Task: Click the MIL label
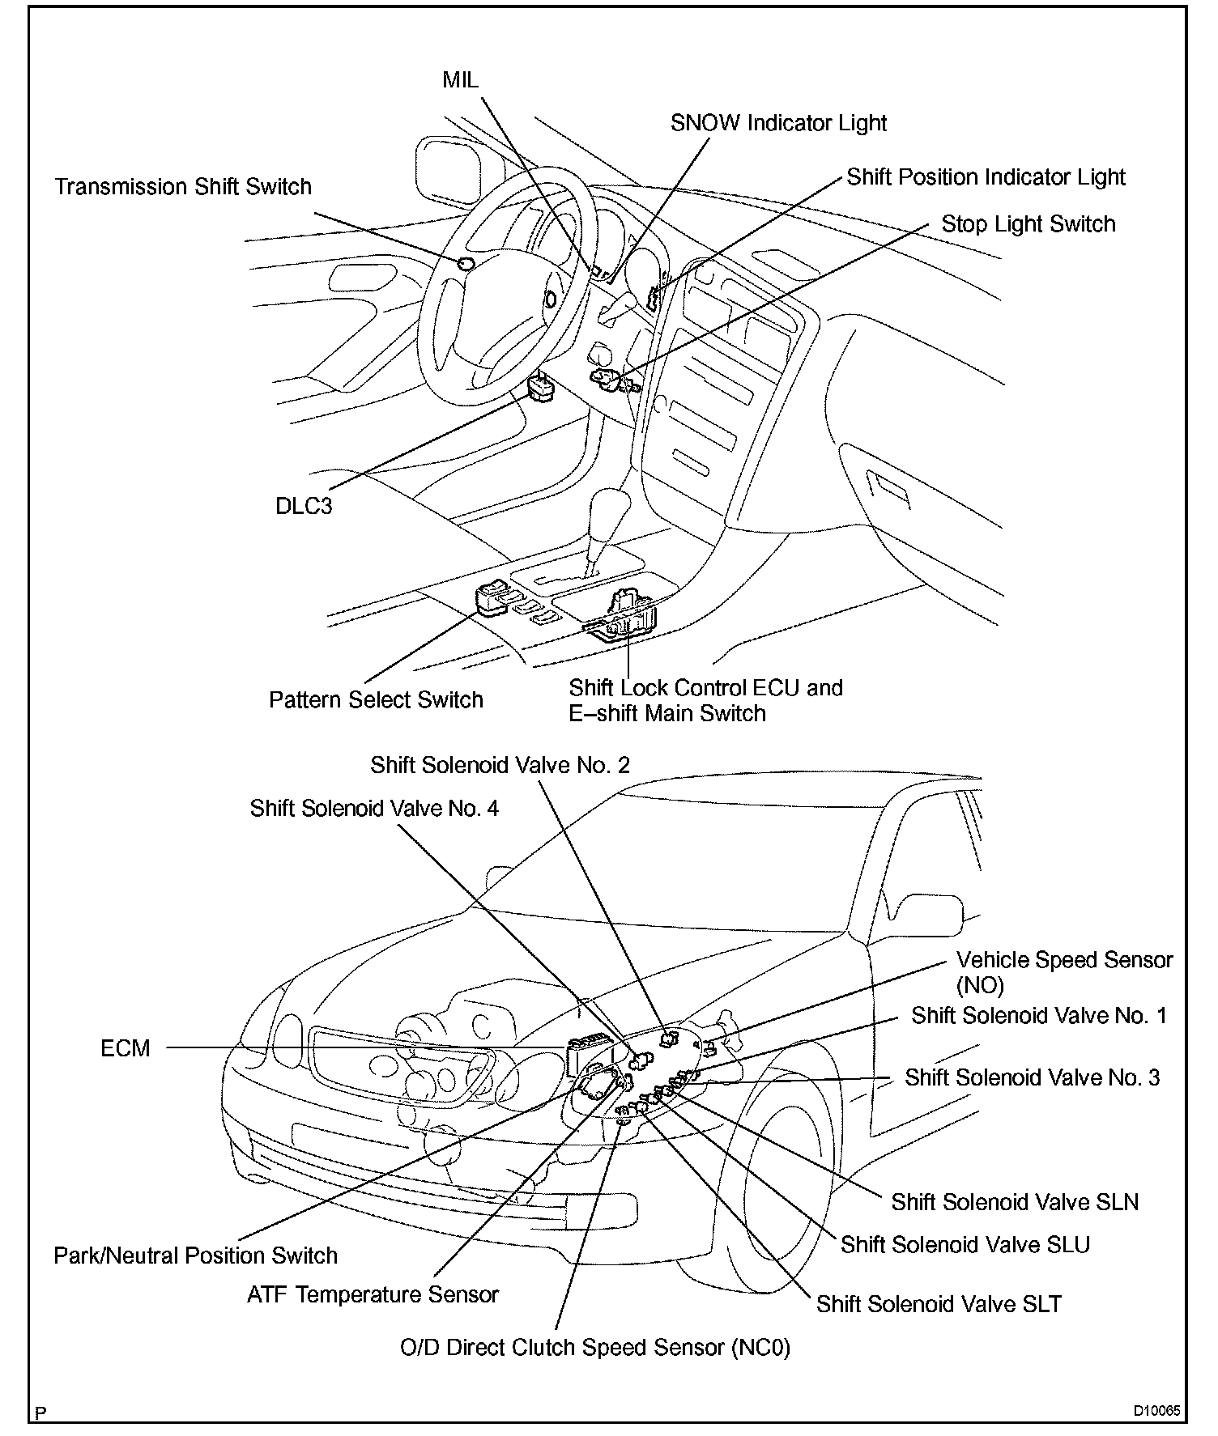[x=460, y=79]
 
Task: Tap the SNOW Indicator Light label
[x=778, y=123]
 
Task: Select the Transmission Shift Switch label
[x=183, y=186]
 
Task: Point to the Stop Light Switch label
[x=1028, y=224]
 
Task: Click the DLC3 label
[x=304, y=506]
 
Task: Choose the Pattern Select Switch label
[x=376, y=699]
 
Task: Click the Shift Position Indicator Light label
[x=986, y=176]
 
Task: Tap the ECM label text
[x=126, y=1048]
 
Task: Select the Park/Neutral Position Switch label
[x=195, y=1255]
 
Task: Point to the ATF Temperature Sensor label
[x=373, y=1294]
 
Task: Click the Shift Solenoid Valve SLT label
[x=938, y=1303]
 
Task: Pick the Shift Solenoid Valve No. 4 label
[x=374, y=808]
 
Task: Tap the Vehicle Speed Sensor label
[x=1064, y=961]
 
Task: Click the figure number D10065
[x=1156, y=1411]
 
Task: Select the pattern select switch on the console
[x=492, y=599]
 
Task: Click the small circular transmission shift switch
[x=465, y=263]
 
